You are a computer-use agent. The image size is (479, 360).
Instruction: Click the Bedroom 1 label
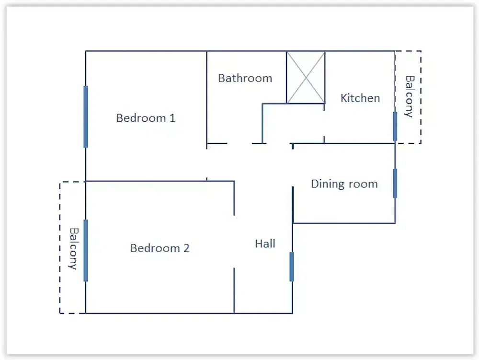146,118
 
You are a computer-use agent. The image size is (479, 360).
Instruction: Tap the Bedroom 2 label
160,248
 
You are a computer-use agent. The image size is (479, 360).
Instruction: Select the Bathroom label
245,78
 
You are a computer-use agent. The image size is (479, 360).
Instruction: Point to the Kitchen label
360,98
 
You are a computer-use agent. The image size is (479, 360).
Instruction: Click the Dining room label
344,184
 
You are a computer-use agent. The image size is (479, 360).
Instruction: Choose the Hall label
265,244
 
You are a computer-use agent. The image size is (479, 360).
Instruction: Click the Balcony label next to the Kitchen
410,96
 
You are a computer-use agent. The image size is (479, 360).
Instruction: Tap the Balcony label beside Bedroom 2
73,249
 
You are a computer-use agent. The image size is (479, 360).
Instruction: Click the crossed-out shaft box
306,77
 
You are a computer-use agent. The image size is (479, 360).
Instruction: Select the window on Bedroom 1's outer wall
86,117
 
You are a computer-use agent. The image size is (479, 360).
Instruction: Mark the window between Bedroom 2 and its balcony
86,250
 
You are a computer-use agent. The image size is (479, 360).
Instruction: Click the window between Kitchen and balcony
395,126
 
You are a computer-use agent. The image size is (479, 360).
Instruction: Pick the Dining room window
395,183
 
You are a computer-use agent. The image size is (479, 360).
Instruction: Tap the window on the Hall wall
292,267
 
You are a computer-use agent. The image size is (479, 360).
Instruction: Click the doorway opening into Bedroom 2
234,242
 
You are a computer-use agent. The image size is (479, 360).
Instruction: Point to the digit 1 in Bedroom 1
172,117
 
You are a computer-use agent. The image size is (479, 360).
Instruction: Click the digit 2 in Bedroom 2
186,248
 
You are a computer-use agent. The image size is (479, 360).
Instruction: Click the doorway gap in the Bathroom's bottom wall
239,143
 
